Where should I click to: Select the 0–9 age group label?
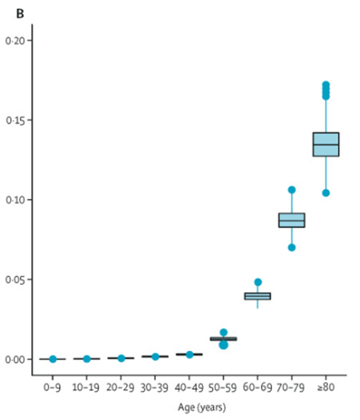click(x=53, y=386)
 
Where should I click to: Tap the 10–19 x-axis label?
click(x=87, y=386)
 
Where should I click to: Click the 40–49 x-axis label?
click(x=190, y=386)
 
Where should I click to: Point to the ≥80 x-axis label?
click(x=326, y=386)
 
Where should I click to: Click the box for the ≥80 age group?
click(x=326, y=144)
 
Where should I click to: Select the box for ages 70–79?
click(x=292, y=220)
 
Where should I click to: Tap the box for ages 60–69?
click(x=258, y=296)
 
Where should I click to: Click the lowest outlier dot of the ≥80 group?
click(x=326, y=193)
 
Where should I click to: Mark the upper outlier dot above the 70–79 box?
click(x=292, y=190)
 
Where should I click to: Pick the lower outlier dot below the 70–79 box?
click(x=292, y=247)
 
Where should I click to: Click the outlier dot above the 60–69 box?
click(x=258, y=282)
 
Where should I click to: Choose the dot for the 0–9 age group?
click(x=53, y=359)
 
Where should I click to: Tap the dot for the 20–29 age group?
click(x=121, y=358)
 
